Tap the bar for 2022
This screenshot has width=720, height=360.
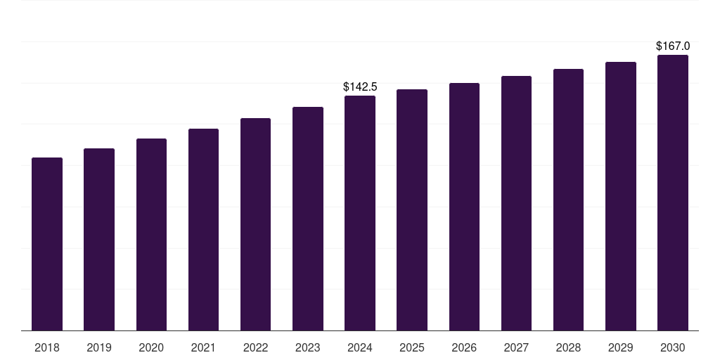click(x=255, y=224)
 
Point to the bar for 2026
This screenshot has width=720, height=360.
click(x=464, y=207)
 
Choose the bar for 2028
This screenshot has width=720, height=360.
click(x=568, y=200)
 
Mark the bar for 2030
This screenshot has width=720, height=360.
click(x=673, y=193)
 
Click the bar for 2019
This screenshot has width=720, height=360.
click(x=99, y=239)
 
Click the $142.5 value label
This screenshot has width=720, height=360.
click(x=360, y=87)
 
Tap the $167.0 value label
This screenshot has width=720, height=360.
click(x=673, y=46)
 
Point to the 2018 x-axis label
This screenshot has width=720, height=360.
click(x=47, y=348)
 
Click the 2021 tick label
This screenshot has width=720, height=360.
click(x=203, y=348)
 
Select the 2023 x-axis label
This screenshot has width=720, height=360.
click(x=307, y=348)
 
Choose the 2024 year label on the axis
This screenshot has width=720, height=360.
click(x=360, y=348)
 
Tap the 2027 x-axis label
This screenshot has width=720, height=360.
click(x=516, y=348)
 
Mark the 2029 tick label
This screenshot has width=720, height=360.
click(x=620, y=348)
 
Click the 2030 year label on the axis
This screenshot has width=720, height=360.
click(x=673, y=348)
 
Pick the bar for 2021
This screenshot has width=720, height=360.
click(x=203, y=229)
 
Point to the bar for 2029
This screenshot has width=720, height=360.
click(x=620, y=196)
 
